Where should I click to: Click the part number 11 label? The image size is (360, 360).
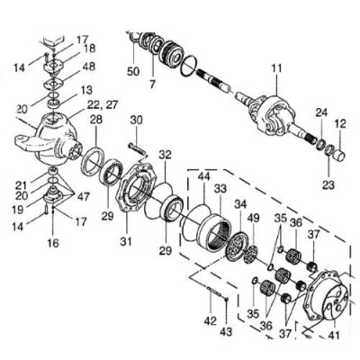coord(276,68)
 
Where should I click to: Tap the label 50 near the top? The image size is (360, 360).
coord(133,71)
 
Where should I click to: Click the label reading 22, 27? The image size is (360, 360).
coord(103,105)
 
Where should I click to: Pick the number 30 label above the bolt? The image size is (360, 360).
coord(137,121)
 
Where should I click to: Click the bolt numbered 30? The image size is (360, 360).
coord(137,149)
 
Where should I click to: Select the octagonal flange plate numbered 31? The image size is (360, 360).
coord(137,186)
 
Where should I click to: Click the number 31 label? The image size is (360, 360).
coord(126,241)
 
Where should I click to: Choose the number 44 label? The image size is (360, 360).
coord(205,178)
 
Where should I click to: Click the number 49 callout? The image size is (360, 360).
coord(252,218)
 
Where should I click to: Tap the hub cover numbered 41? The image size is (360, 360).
coord(327,295)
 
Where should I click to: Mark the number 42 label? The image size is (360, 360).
coord(210,320)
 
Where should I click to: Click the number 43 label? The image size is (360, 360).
coord(226,332)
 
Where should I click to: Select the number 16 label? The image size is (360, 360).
coord(53,243)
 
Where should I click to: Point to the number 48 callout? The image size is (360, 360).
coord(88,67)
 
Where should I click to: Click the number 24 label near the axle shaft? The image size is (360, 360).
coord(321,112)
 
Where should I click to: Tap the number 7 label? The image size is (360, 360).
coord(152,85)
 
